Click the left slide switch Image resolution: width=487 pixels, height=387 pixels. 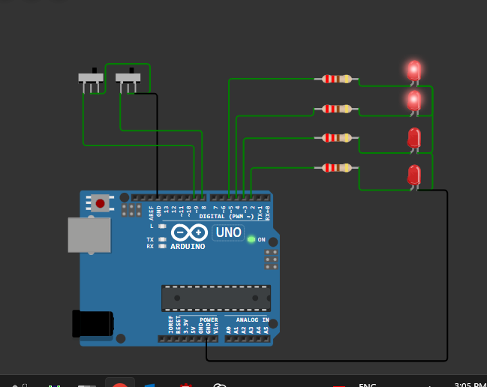(91, 77)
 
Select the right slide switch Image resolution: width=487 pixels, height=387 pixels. (128, 77)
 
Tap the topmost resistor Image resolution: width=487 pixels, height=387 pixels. (335, 79)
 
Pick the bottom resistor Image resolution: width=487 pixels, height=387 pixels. (335, 167)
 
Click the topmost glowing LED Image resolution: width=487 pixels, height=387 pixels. (413, 71)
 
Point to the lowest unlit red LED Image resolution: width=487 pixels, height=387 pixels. (413, 175)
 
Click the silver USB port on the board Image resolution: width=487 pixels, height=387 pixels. (89, 235)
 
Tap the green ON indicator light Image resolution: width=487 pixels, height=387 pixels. (251, 239)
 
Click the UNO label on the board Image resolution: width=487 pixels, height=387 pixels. (228, 232)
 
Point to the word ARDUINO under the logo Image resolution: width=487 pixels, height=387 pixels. (188, 247)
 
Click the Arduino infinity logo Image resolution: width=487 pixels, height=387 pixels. (188, 232)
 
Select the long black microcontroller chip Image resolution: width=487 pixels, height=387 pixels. (216, 298)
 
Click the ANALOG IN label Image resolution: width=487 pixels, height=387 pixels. (247, 319)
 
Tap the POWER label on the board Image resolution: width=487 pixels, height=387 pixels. (209, 319)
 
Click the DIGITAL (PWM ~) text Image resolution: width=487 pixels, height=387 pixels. (226, 216)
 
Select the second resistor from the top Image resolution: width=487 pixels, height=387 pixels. (335, 109)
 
